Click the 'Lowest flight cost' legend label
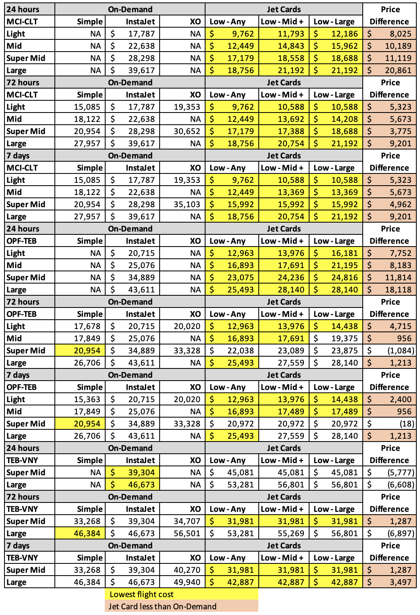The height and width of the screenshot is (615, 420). (141, 594)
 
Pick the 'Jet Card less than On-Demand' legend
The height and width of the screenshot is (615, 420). (162, 606)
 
